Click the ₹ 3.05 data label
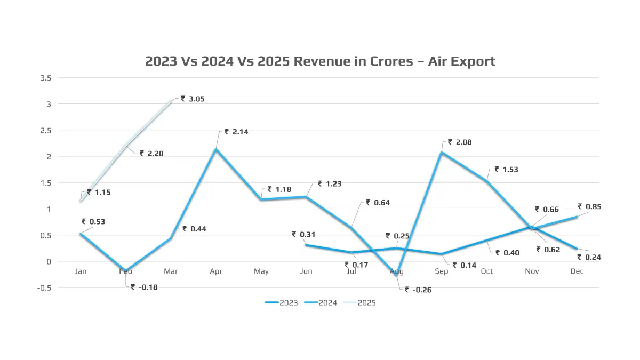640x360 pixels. pyautogui.click(x=193, y=99)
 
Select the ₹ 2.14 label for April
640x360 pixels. pyautogui.click(x=236, y=132)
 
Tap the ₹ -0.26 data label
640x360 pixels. pyautogui.click(x=418, y=290)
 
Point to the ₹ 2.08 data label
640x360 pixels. pyautogui.click(x=460, y=142)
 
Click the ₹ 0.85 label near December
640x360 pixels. pyautogui.click(x=589, y=206)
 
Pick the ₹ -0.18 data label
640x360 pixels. pyautogui.click(x=144, y=287)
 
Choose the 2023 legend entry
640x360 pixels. pyautogui.click(x=282, y=303)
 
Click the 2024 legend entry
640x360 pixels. pyautogui.click(x=321, y=303)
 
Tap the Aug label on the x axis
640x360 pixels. pyautogui.click(x=396, y=271)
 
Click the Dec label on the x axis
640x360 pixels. pyautogui.click(x=577, y=271)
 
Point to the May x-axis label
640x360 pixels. pyautogui.click(x=261, y=271)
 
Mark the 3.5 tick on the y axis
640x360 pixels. pyautogui.click(x=45, y=78)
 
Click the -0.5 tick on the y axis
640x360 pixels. pyautogui.click(x=44, y=287)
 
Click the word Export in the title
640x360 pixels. pyautogui.click(x=474, y=61)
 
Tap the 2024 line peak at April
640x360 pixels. pyautogui.click(x=216, y=149)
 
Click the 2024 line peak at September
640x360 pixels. pyautogui.click(x=442, y=153)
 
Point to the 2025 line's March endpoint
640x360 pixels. pyautogui.click(x=171, y=101)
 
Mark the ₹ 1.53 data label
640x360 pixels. pyautogui.click(x=506, y=170)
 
